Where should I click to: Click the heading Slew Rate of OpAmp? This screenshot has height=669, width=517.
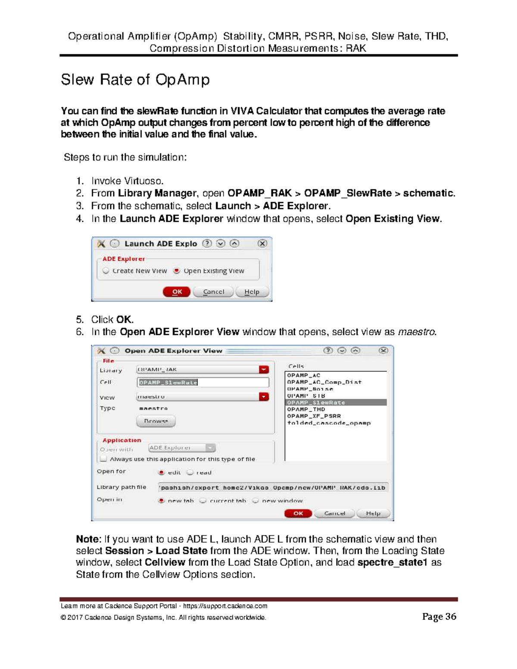tap(135, 80)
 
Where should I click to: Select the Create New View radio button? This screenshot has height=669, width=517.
tap(106, 271)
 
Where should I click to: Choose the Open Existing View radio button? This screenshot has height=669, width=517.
tap(177, 271)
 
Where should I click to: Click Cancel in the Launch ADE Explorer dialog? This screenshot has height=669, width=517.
tap(213, 292)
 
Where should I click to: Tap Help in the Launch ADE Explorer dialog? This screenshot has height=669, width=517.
tap(252, 292)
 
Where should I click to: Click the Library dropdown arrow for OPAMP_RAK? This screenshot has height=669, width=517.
tap(264, 370)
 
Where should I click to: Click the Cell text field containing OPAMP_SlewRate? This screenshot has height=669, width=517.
tap(203, 382)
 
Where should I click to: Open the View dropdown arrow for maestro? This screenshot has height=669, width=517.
tap(264, 397)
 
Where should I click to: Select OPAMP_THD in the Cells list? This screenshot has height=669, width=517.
tap(306, 409)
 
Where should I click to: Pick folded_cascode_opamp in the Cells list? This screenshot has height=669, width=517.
tap(329, 423)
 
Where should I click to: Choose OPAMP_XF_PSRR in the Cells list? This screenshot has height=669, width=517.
tap(314, 416)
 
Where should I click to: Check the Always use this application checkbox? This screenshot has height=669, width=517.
tap(103, 459)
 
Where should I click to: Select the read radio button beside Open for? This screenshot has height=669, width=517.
tap(190, 472)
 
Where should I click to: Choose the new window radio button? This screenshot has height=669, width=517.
tap(255, 501)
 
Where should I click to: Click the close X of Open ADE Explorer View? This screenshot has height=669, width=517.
tap(383, 351)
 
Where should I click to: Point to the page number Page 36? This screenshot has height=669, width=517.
tap(439, 616)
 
